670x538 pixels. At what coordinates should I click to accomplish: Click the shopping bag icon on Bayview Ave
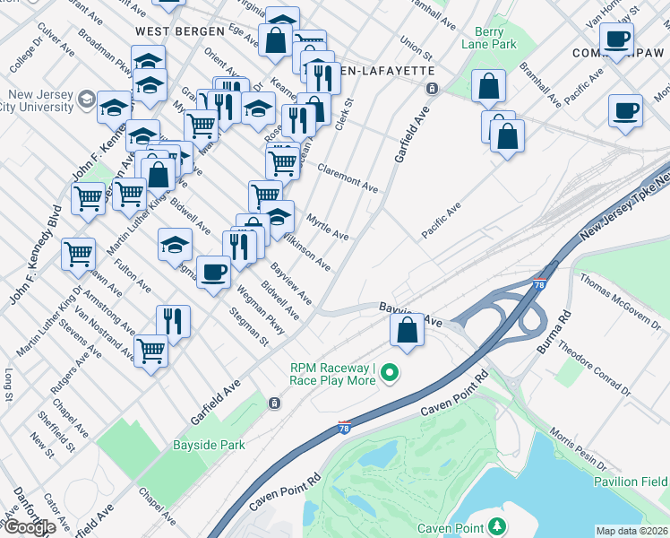407,329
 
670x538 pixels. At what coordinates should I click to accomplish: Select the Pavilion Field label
631,482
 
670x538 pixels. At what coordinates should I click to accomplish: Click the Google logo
30,527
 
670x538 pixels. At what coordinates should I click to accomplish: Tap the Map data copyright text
632,531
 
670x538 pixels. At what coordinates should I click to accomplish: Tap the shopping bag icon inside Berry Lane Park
489,87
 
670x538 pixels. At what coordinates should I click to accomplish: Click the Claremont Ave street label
348,177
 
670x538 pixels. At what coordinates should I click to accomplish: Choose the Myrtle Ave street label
327,226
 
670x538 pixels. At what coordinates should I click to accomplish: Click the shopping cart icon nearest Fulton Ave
78,254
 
